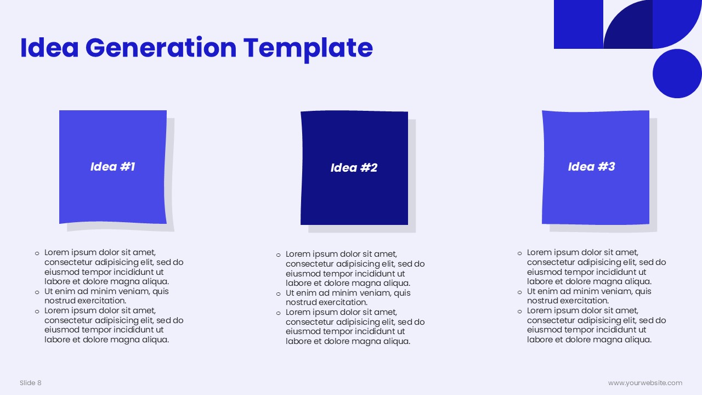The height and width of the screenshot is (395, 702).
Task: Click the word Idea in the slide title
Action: click(x=49, y=48)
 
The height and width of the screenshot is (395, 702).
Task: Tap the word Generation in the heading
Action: click(x=161, y=48)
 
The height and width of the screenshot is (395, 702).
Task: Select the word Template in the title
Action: click(x=308, y=49)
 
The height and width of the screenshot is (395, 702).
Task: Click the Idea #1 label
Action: click(x=113, y=167)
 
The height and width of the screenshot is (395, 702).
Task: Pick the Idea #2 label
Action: click(x=354, y=168)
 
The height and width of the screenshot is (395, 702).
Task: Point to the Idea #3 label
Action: click(x=591, y=167)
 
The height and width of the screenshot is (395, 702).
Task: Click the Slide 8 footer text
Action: click(x=30, y=383)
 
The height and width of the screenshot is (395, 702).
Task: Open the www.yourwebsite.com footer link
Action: click(x=646, y=383)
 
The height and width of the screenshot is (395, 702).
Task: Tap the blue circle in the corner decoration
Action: click(x=677, y=74)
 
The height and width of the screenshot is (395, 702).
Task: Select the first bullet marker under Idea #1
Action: click(x=37, y=253)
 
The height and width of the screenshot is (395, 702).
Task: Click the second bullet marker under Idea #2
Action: click(x=278, y=294)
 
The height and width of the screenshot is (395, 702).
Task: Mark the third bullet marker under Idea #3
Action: click(x=519, y=312)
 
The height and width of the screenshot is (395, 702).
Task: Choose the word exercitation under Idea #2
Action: click(x=343, y=302)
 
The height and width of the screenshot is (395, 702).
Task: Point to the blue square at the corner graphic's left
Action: click(x=579, y=25)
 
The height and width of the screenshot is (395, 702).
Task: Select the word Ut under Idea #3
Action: click(x=531, y=291)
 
